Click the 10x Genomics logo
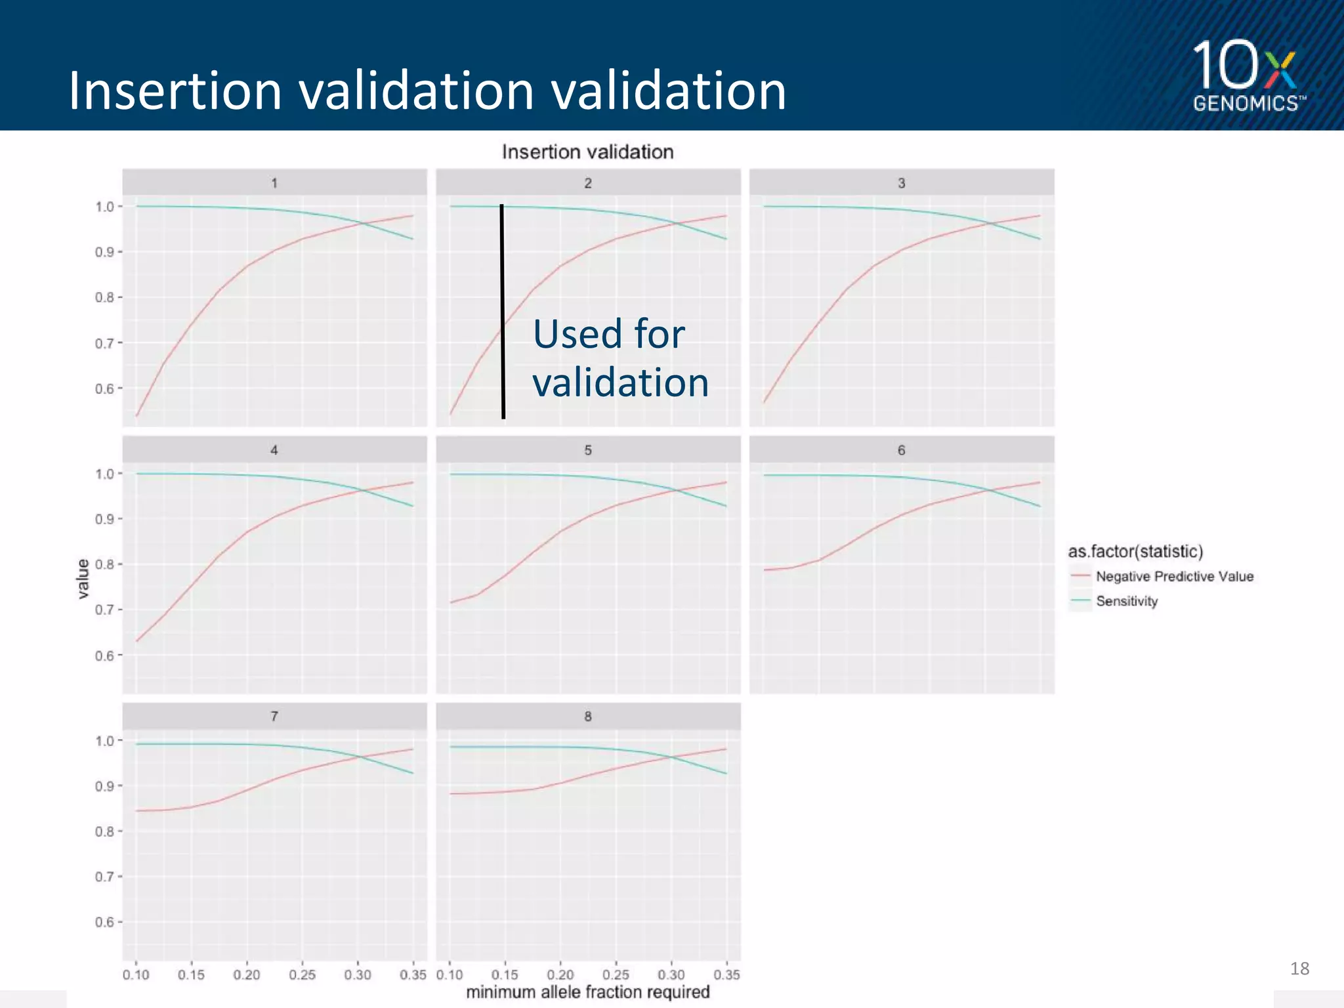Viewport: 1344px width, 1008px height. click(x=1247, y=75)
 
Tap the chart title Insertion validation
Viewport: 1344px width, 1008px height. click(x=587, y=152)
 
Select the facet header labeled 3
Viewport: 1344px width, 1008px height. click(x=901, y=183)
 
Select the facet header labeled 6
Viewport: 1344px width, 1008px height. click(x=901, y=450)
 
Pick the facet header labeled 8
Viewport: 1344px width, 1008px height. click(x=588, y=717)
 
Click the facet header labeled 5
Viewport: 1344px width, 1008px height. click(x=588, y=450)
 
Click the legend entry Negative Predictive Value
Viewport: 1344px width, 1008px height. click(x=1173, y=576)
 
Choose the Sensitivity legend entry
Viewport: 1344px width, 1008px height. click(x=1126, y=601)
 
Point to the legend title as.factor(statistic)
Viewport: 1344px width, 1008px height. click(x=1135, y=551)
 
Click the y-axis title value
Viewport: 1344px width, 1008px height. click(x=83, y=578)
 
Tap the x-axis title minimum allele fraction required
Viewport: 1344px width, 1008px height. click(x=587, y=992)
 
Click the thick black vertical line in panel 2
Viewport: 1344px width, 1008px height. click(x=503, y=312)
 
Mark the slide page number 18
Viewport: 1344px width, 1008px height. click(x=1299, y=969)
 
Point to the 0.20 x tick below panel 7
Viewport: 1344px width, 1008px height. click(x=247, y=975)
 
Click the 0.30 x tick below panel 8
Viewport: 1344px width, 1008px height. click(x=671, y=975)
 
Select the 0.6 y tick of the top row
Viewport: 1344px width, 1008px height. click(x=104, y=388)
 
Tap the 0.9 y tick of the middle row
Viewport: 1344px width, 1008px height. click(x=104, y=519)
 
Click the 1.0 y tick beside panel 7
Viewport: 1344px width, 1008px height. click(x=104, y=741)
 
